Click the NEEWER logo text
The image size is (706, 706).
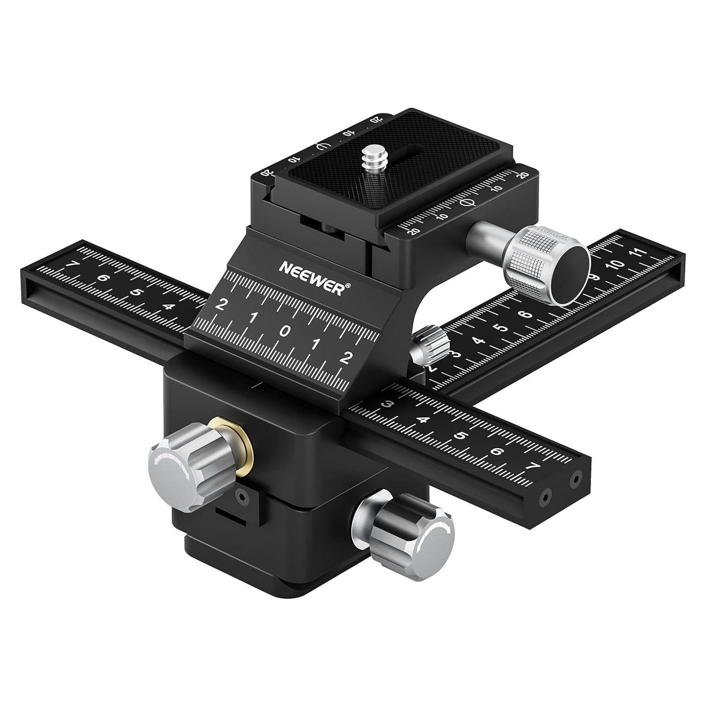point(310,277)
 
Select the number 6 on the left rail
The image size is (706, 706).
point(103,279)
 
